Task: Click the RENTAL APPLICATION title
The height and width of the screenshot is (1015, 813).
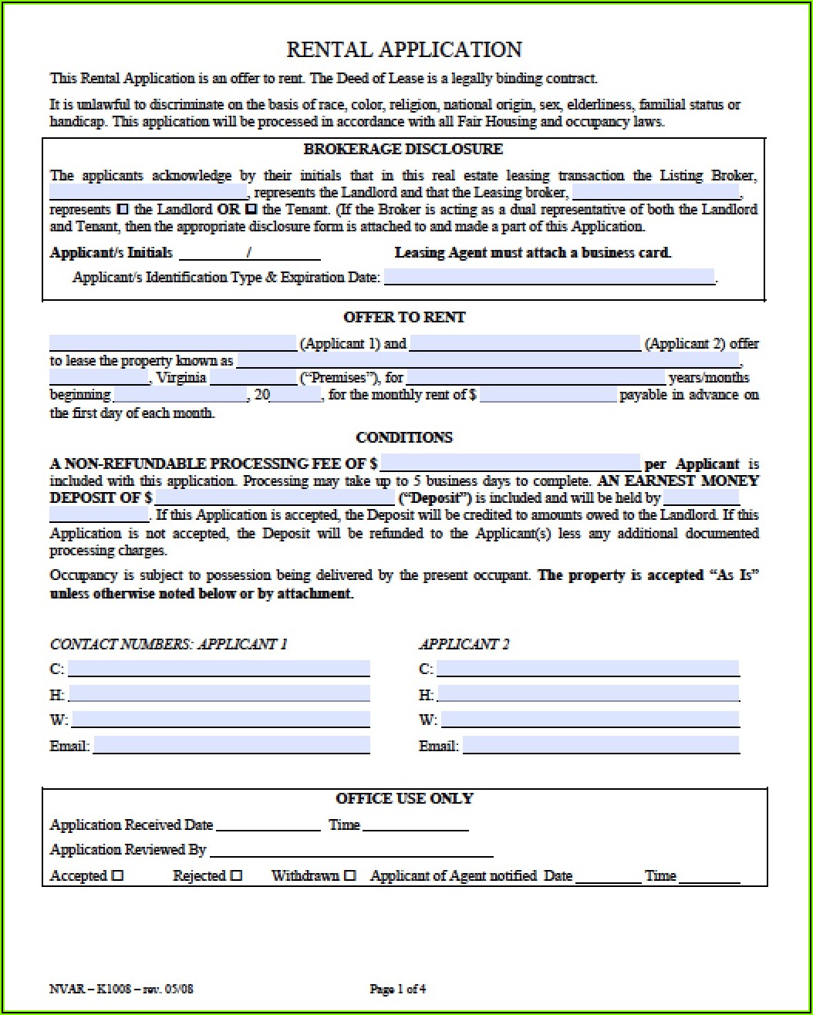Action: click(403, 50)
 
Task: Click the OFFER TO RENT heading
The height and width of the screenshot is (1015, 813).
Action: click(404, 317)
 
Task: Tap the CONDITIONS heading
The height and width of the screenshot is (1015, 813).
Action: click(404, 437)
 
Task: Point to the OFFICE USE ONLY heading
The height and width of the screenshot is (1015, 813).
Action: click(404, 798)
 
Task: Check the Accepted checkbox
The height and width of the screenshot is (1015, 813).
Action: click(117, 875)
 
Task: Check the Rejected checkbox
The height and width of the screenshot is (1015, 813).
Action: click(236, 875)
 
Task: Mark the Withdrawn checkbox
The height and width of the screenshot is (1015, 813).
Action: click(350, 875)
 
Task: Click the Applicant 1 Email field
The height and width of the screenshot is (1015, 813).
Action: click(231, 745)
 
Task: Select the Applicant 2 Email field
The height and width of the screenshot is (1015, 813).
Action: click(600, 745)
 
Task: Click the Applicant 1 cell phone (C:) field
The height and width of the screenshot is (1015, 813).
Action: click(218, 669)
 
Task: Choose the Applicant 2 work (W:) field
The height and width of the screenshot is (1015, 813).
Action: click(590, 720)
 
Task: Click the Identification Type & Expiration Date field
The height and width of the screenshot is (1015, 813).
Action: click(548, 277)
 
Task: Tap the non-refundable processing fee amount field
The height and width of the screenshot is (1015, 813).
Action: click(510, 463)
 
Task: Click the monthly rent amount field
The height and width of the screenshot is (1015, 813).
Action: click(548, 395)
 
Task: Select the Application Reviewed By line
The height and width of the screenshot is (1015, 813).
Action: click(351, 850)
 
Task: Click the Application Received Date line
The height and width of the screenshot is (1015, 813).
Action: click(268, 824)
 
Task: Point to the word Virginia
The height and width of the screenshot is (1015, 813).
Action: click(180, 378)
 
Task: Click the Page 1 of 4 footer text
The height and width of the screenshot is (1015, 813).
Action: click(398, 989)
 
